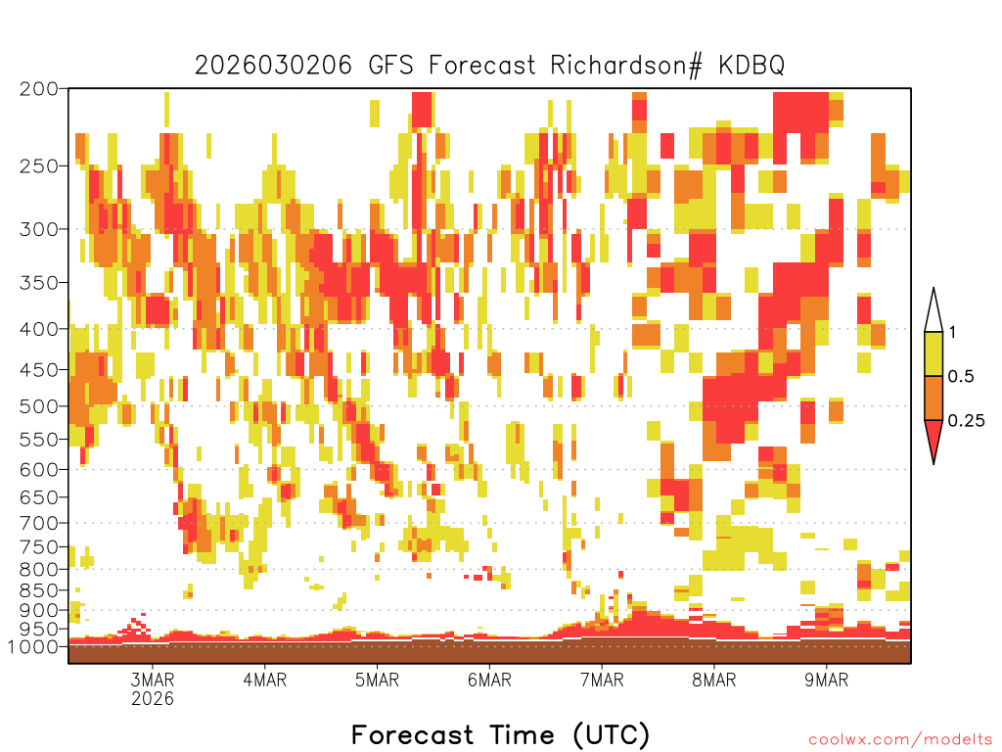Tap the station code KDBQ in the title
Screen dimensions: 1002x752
tap(751, 66)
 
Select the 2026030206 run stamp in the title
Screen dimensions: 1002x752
tap(273, 66)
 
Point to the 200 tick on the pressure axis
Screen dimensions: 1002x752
tap(38, 89)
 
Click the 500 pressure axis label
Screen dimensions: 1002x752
tap(38, 406)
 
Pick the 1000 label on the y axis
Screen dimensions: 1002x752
tap(32, 646)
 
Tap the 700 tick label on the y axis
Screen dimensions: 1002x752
tap(38, 523)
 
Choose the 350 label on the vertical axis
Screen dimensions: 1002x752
tap(38, 282)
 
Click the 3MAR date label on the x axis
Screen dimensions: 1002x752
tap(153, 680)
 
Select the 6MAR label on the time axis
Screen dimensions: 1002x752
tap(489, 680)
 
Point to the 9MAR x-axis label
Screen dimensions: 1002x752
tap(826, 680)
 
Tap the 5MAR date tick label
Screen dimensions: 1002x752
tap(377, 680)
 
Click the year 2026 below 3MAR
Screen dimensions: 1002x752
tap(153, 698)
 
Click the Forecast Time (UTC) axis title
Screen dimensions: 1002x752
tap(500, 735)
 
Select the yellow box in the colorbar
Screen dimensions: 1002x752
tap(934, 353)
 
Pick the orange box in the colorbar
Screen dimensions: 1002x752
tap(934, 398)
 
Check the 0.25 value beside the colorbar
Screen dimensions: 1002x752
tap(966, 421)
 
